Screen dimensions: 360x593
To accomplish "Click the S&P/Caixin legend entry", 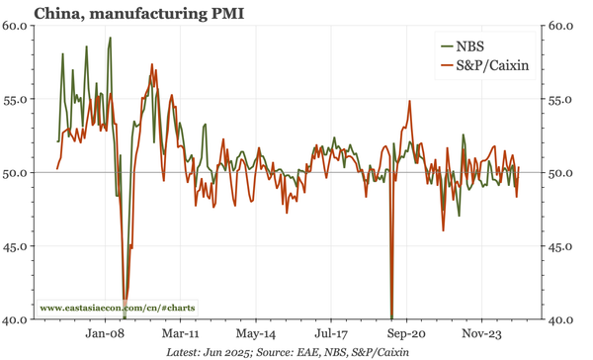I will pyautogui.click(x=485, y=66).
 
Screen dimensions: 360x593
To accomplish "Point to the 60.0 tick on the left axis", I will pyautogui.click(x=16, y=26).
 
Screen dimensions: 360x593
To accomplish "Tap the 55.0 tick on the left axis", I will pyautogui.click(x=16, y=99).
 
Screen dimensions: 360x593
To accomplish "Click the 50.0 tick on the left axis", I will pyautogui.click(x=16, y=173).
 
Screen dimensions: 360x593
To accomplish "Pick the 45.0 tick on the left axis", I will pyautogui.click(x=16, y=246).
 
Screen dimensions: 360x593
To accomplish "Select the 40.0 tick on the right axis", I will pyautogui.click(x=561, y=320).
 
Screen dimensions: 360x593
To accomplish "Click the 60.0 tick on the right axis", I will pyautogui.click(x=561, y=26).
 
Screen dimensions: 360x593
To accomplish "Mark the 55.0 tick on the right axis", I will pyautogui.click(x=561, y=99).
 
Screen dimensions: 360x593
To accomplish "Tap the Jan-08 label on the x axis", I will pyautogui.click(x=103, y=334).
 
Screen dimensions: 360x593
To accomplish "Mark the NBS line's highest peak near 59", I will pyautogui.click(x=110, y=39).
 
